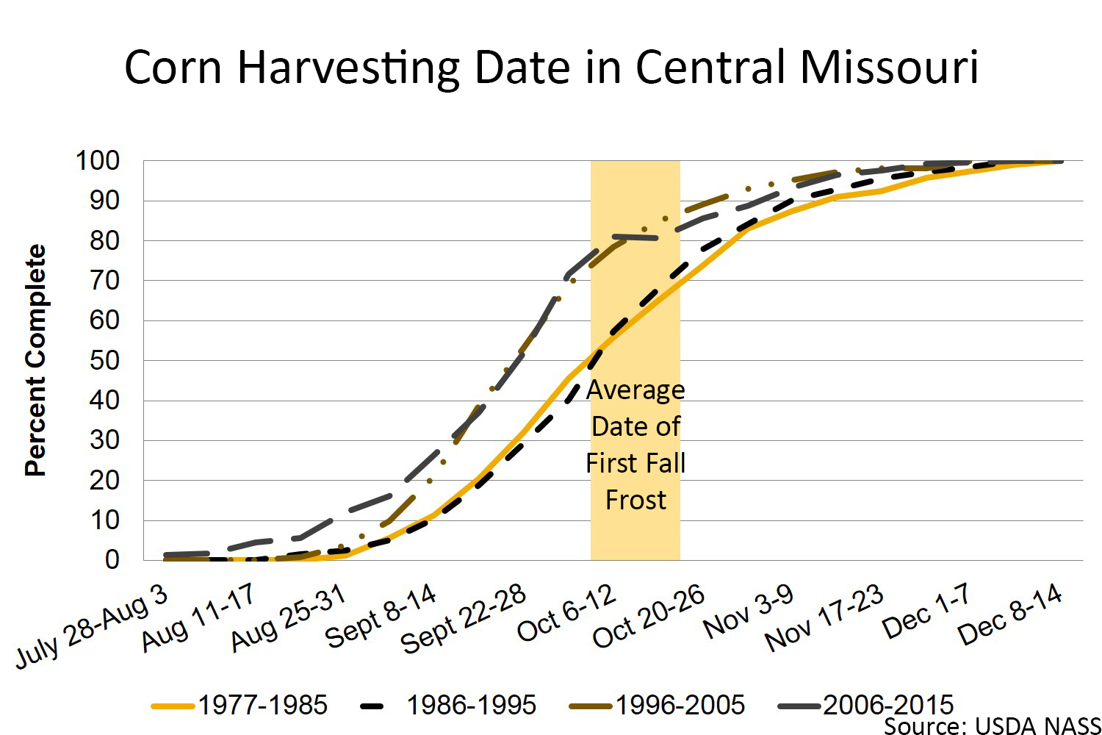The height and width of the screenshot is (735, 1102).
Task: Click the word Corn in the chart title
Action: [x=173, y=68]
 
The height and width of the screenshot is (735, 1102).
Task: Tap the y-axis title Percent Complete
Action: [x=35, y=360]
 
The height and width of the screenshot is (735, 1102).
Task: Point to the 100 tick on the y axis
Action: [x=98, y=161]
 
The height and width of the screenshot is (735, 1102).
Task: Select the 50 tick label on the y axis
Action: [x=104, y=361]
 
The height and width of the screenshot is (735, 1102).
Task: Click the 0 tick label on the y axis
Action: [x=112, y=560]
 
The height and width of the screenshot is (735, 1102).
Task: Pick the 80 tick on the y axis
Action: [x=104, y=241]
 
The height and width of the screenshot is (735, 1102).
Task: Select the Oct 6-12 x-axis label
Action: [x=566, y=613]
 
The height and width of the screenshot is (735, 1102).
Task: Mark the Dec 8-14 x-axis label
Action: [x=1011, y=614]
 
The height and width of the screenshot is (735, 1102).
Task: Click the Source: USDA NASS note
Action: [x=992, y=726]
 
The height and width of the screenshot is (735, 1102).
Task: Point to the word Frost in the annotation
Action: [x=635, y=500]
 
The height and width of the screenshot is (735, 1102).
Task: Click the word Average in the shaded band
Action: [x=635, y=390]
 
